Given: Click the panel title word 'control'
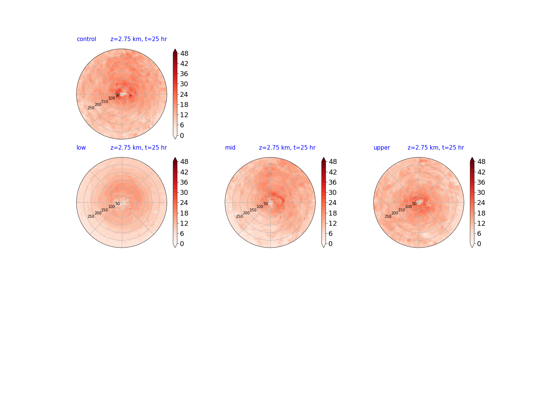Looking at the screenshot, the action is click(86, 39).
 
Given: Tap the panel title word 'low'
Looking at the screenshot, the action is click(81, 147).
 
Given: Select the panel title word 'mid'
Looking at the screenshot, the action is click(230, 147).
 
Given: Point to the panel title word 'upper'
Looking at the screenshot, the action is click(382, 148).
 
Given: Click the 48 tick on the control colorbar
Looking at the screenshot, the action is click(184, 54).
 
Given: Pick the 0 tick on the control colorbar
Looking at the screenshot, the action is click(182, 135).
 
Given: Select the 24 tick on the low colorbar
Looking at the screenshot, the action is click(184, 203).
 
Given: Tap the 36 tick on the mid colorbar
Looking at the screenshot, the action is click(333, 182).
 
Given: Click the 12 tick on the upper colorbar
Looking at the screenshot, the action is click(481, 223).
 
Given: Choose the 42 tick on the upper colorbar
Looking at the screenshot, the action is click(481, 172).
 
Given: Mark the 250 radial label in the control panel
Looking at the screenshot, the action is click(91, 108).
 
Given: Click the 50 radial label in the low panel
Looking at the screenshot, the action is click(118, 203).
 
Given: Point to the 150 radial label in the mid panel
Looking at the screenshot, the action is click(253, 210).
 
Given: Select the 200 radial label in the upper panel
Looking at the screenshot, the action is click(394, 213).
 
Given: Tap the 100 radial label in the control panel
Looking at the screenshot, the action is click(112, 98).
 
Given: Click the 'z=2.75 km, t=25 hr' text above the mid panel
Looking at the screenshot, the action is click(287, 147).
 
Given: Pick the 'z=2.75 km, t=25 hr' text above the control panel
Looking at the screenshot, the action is click(138, 39).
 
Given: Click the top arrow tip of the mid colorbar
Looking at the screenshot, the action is click(323, 157).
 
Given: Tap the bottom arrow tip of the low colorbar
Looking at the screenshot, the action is click(175, 248).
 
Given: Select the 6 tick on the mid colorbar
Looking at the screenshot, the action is click(330, 234).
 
